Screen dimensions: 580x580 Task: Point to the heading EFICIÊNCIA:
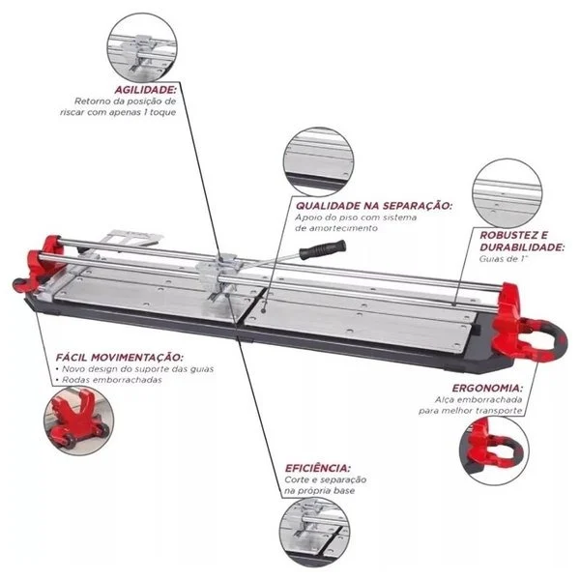[x=317, y=467]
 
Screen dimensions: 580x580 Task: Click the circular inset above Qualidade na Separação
[x=320, y=162]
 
